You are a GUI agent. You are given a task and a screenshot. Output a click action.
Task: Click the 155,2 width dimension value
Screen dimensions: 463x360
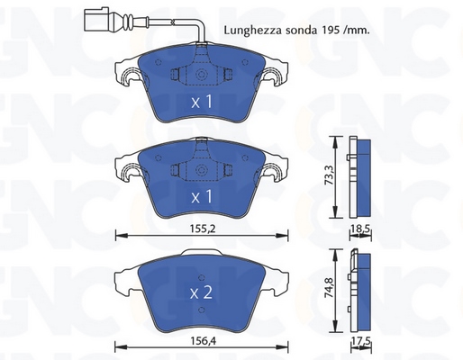[x=201, y=229]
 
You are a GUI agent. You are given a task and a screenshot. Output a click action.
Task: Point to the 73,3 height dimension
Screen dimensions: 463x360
[x=329, y=177]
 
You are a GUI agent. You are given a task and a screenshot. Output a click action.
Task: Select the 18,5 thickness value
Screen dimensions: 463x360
[x=361, y=230]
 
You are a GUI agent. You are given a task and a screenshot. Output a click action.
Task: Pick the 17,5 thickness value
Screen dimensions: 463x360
[x=361, y=342]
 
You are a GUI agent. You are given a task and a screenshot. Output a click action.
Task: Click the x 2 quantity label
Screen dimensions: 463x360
[x=201, y=292]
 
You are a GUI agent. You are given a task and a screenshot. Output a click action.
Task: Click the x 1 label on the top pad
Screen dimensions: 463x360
[x=202, y=102]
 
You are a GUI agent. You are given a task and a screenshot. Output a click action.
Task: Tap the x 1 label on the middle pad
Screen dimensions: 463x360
[x=202, y=197]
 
